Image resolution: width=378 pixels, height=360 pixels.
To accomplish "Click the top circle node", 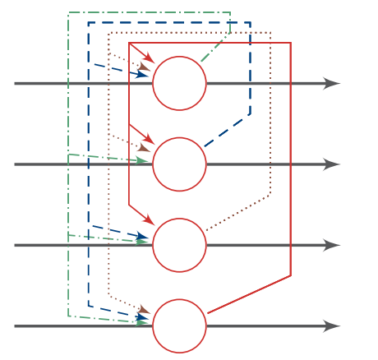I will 179,83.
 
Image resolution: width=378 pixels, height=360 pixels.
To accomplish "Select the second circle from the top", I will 179,164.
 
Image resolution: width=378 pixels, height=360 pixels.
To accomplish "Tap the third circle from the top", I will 179,245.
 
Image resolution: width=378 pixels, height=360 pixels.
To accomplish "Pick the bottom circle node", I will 179,326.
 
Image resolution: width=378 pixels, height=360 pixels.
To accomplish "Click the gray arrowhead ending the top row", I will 332,83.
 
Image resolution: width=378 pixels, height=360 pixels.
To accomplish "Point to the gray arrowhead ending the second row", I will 332,164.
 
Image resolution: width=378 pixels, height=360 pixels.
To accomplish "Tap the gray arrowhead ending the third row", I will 332,245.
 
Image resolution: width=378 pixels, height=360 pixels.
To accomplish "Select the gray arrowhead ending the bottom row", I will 332,326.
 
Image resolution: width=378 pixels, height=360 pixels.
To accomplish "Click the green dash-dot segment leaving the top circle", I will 215,48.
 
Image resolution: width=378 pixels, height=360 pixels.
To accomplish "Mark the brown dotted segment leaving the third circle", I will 238,213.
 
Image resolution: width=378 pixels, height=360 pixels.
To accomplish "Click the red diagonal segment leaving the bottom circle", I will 249,294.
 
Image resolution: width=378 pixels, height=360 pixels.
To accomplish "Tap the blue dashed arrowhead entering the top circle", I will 143,75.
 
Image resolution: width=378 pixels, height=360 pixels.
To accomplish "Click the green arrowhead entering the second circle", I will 145,162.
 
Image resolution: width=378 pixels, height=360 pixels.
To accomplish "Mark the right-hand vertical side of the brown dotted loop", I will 270,115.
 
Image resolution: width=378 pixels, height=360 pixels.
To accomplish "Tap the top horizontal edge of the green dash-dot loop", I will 148,12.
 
